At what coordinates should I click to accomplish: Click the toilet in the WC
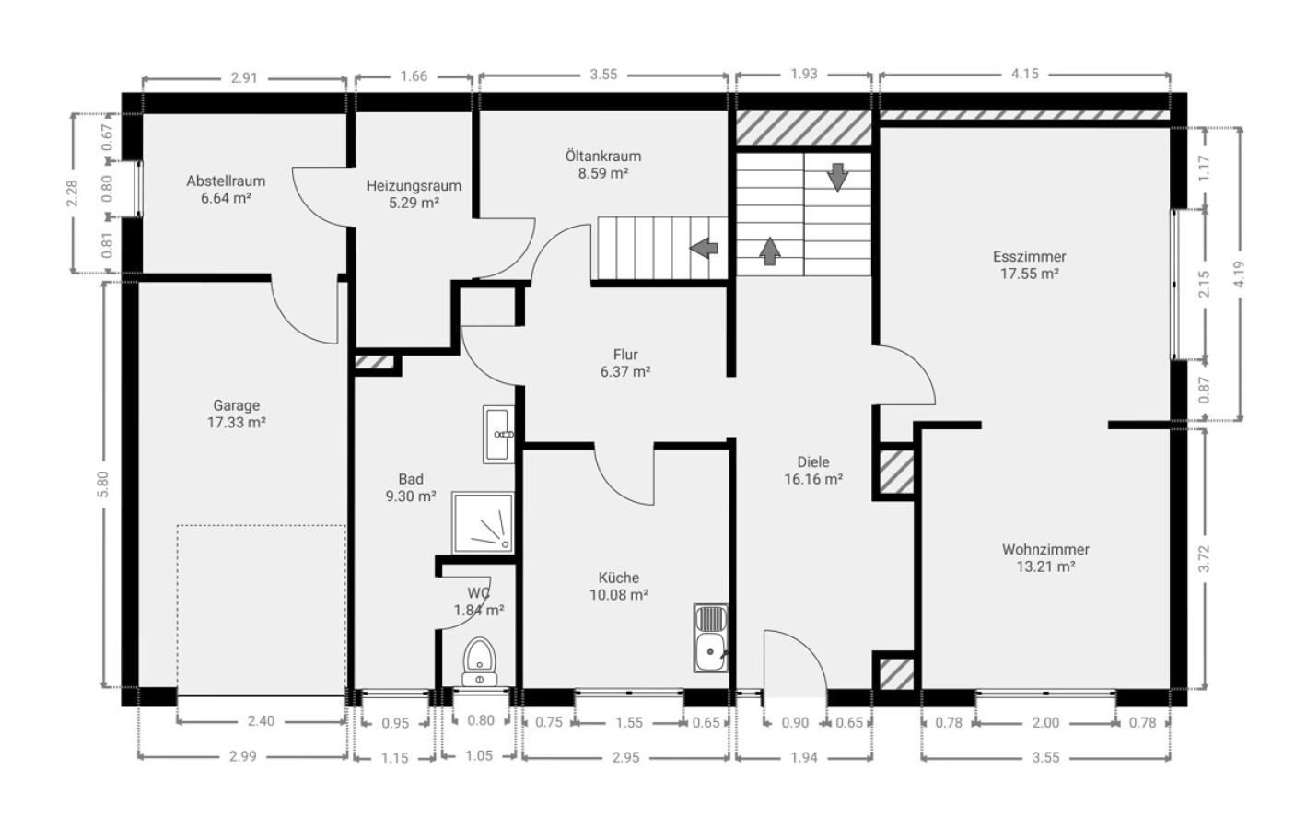point(480,662)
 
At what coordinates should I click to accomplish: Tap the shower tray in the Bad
point(484,522)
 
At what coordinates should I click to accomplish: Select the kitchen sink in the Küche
point(711,638)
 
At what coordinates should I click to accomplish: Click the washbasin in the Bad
point(499,435)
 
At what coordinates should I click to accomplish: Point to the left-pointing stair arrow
point(704,248)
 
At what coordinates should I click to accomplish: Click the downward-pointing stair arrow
point(838,178)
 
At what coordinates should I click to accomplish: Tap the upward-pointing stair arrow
point(770,251)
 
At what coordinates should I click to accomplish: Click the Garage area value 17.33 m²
point(237,423)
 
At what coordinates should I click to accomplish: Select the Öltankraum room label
point(603,157)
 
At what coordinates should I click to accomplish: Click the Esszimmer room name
point(1030,257)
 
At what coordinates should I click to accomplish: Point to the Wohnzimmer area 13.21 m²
point(1045,566)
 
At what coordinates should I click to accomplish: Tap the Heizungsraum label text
point(414,186)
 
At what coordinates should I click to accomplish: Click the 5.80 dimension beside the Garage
point(103,485)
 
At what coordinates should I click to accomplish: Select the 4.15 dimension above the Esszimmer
point(1025,74)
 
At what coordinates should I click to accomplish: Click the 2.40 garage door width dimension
point(261,721)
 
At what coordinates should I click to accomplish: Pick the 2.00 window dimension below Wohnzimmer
point(1045,723)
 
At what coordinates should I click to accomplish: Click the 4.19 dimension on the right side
point(1240,274)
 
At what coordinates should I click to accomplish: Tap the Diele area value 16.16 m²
point(813,480)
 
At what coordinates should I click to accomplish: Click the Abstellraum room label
point(226,181)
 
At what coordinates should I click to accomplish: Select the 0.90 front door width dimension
point(795,723)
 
